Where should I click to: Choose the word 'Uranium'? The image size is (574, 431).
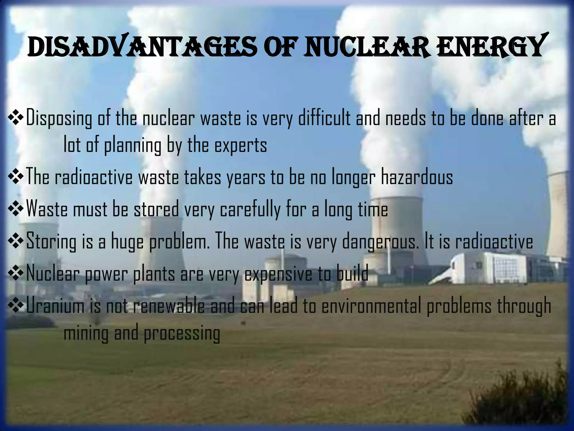click(55, 306)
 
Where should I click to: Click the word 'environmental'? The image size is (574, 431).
click(371, 306)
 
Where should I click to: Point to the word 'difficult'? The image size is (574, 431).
click(324, 118)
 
